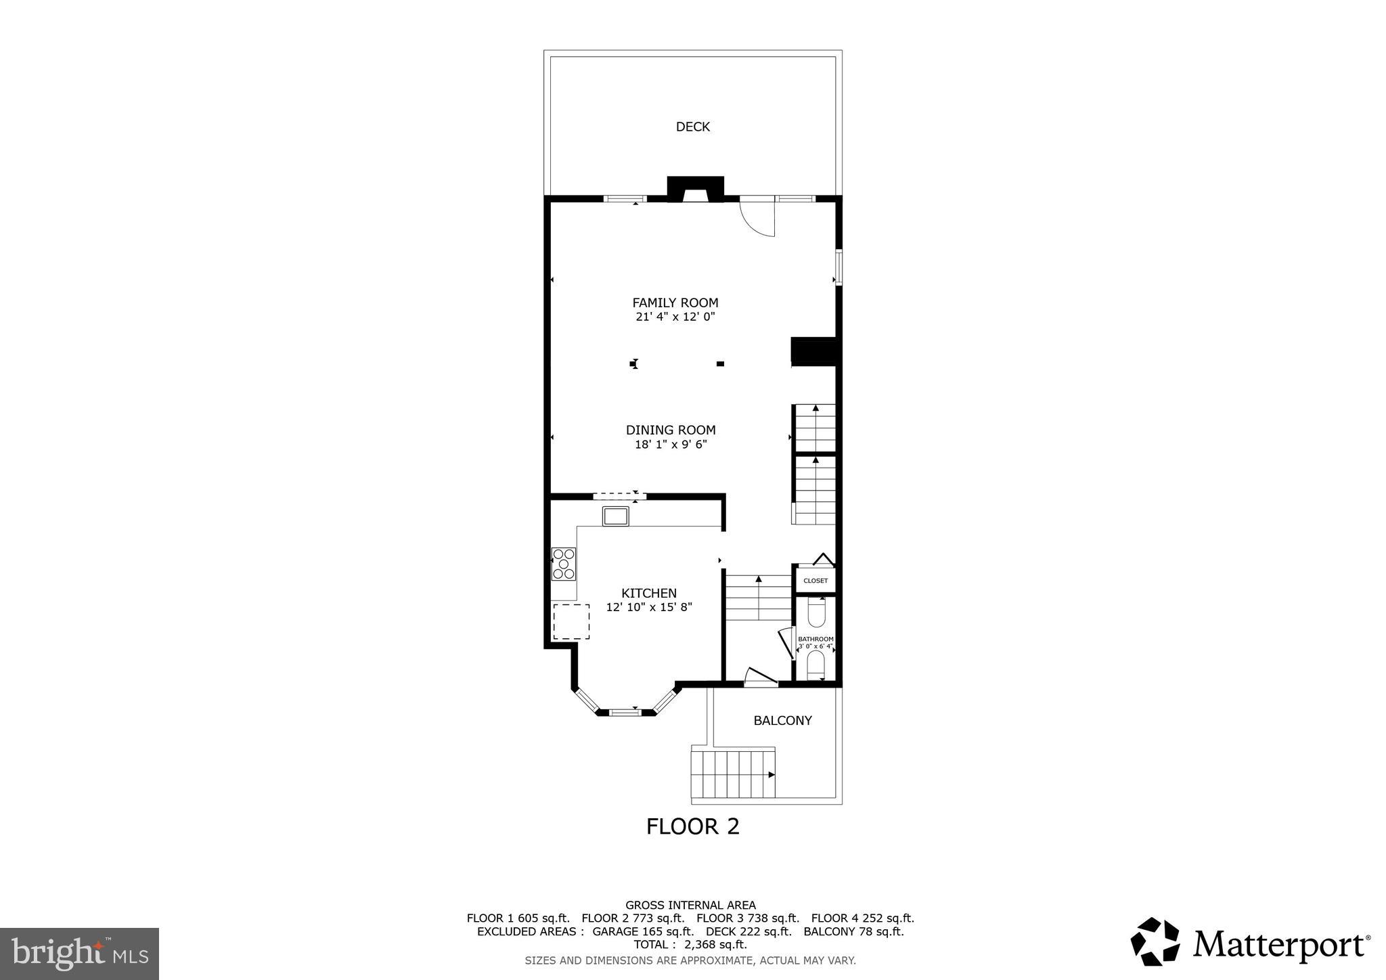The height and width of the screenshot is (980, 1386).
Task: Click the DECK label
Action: [x=692, y=127]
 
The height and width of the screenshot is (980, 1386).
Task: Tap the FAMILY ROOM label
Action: [x=675, y=303]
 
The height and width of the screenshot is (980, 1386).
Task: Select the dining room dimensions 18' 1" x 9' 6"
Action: [x=671, y=445]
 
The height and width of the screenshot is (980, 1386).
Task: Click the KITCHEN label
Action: [x=648, y=593]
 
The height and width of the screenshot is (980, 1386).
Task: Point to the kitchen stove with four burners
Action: [x=563, y=564]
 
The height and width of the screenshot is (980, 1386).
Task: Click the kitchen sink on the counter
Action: [x=615, y=516]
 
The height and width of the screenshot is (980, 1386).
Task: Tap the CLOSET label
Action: [x=815, y=581]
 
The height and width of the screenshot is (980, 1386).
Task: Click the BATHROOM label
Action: [x=815, y=639]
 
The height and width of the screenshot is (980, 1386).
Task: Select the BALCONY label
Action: [x=782, y=721]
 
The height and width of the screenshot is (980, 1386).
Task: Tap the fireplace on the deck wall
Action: [x=695, y=190]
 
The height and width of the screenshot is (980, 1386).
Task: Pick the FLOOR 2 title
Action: [x=692, y=826]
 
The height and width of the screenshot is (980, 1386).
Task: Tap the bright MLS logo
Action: [x=79, y=954]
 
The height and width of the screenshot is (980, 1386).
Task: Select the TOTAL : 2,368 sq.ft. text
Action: [x=690, y=945]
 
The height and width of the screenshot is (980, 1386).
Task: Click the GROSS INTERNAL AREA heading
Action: [x=690, y=905]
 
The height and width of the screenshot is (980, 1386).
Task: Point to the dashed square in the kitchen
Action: [x=571, y=621]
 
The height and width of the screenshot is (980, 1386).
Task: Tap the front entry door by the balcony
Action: [x=760, y=677]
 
